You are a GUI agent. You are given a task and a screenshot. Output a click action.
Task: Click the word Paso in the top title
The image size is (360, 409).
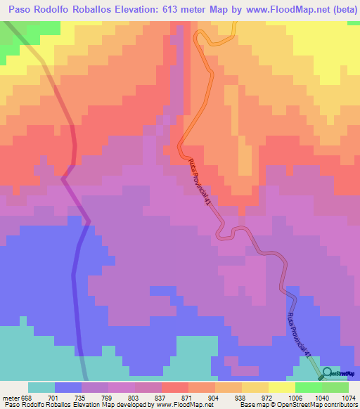click(20, 9)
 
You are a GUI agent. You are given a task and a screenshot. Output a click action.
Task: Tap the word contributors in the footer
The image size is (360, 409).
click(340, 404)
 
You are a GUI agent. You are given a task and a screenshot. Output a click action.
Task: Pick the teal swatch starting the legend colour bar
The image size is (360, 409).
click(41, 387)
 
